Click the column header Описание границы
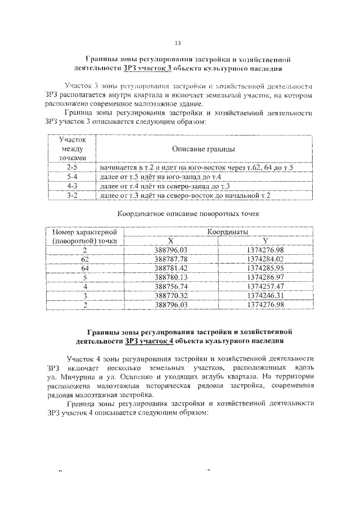pos(203,150)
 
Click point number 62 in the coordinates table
pos(85,259)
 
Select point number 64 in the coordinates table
pos(85,268)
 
